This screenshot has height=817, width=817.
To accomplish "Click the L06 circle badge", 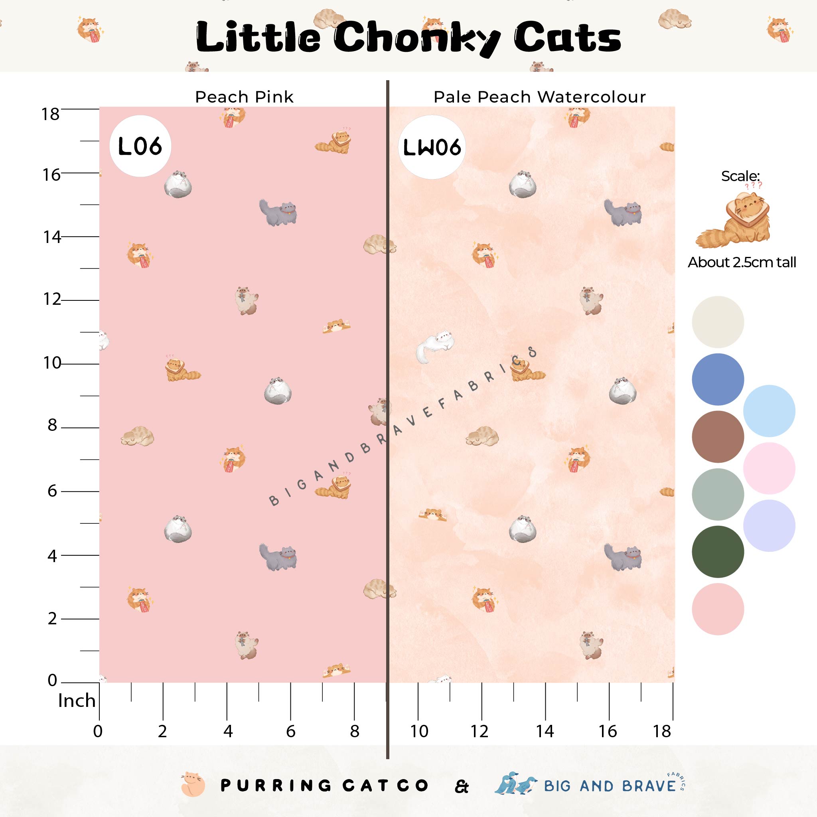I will [140, 146].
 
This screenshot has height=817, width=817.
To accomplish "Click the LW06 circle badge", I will [431, 147].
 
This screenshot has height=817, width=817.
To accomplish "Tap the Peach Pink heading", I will [244, 97].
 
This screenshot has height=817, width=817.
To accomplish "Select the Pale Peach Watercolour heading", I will [540, 97].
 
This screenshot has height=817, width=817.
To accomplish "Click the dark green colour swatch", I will [718, 551].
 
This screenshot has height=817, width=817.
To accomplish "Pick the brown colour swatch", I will [718, 436].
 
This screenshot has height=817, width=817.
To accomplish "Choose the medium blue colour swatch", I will [718, 379].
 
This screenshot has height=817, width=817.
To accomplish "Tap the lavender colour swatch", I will [769, 526].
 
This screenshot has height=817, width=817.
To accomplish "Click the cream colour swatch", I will [718, 322].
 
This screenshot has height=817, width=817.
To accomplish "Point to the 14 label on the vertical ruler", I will [51, 237].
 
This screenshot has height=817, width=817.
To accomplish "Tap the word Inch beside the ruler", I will [77, 701].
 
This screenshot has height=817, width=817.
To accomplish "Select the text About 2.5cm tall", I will [742, 262].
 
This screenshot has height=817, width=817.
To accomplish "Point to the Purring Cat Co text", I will [324, 786].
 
